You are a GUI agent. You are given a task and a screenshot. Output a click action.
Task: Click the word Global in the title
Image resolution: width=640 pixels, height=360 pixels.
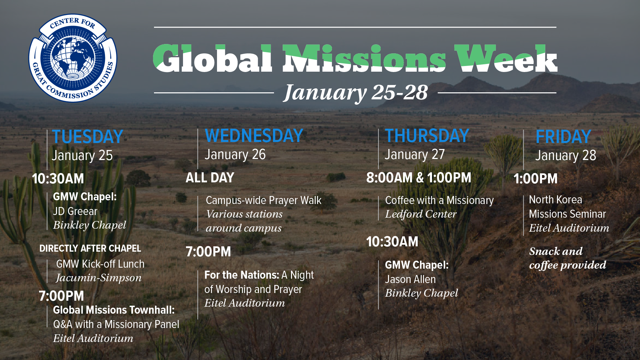tap(213, 58)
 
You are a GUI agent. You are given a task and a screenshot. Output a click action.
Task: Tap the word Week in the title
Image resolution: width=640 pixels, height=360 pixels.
tap(506, 58)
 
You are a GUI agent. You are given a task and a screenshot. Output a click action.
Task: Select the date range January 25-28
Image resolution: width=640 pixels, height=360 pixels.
tap(356, 93)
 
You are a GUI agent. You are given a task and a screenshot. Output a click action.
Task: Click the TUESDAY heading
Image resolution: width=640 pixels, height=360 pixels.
tap(88, 137)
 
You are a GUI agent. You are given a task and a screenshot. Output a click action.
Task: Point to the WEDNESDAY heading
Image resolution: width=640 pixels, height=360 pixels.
tap(254, 136)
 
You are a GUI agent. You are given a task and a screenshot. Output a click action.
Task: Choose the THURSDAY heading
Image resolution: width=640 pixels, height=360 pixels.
tap(427, 136)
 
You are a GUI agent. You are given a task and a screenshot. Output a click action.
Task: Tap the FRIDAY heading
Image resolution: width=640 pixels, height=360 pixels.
tap(563, 137)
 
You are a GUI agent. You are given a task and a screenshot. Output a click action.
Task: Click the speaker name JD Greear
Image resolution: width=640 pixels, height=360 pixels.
tap(75, 211)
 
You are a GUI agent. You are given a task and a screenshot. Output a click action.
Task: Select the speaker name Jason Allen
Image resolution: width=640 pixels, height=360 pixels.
tap(410, 279)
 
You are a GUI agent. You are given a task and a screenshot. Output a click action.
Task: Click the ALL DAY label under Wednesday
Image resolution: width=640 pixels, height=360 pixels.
tap(210, 178)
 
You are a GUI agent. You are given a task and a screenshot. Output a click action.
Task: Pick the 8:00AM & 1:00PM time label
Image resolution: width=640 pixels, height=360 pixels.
tap(419, 178)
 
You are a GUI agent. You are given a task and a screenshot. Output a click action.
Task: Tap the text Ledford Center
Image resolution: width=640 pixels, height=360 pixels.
tap(421, 214)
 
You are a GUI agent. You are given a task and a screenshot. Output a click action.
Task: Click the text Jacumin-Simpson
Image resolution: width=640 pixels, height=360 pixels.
tap(99, 278)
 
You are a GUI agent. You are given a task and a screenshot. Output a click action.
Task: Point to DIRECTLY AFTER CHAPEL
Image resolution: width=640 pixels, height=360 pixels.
tap(90, 248)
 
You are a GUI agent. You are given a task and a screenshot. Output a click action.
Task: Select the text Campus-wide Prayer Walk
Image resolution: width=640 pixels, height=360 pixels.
tap(264, 200)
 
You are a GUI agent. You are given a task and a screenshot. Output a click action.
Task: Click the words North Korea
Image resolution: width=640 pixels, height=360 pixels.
tap(555, 200)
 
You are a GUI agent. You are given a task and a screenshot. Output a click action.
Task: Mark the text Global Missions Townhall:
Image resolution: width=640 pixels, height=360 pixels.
tap(114, 310)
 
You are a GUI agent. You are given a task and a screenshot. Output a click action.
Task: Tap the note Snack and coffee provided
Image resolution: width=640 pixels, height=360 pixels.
tap(568, 258)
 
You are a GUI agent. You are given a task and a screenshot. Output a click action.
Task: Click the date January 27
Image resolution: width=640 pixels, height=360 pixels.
tap(415, 154)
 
